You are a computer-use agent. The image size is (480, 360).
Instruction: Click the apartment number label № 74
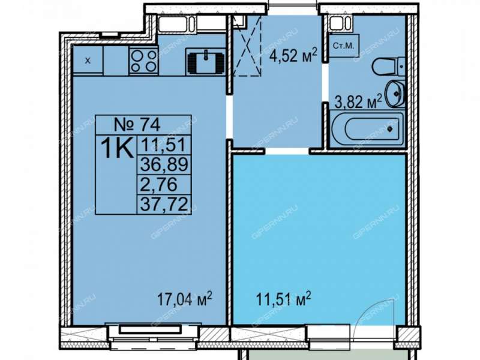[x=137, y=125]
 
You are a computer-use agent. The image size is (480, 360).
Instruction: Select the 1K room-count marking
[x=118, y=148]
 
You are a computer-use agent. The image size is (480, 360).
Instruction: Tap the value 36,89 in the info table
[x=164, y=164]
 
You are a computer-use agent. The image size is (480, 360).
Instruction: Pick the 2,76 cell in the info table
[x=159, y=184]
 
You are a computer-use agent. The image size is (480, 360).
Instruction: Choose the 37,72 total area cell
[x=164, y=204]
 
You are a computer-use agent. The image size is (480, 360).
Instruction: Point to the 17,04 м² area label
[x=185, y=298]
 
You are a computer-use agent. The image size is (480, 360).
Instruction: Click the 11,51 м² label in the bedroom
[x=283, y=298]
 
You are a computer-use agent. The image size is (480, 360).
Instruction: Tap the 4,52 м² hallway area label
[x=293, y=55]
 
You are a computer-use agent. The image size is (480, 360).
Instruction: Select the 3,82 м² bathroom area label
[x=358, y=101]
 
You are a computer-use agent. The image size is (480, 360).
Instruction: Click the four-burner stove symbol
[x=143, y=61]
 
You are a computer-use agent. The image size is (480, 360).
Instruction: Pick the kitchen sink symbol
[x=206, y=62]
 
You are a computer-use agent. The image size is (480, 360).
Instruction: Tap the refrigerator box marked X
[x=88, y=60]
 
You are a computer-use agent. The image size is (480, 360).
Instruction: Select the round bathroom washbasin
[x=395, y=94]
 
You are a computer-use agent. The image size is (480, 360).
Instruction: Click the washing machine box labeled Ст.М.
[x=343, y=46]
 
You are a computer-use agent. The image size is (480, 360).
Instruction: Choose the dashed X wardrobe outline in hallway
[x=247, y=46]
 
